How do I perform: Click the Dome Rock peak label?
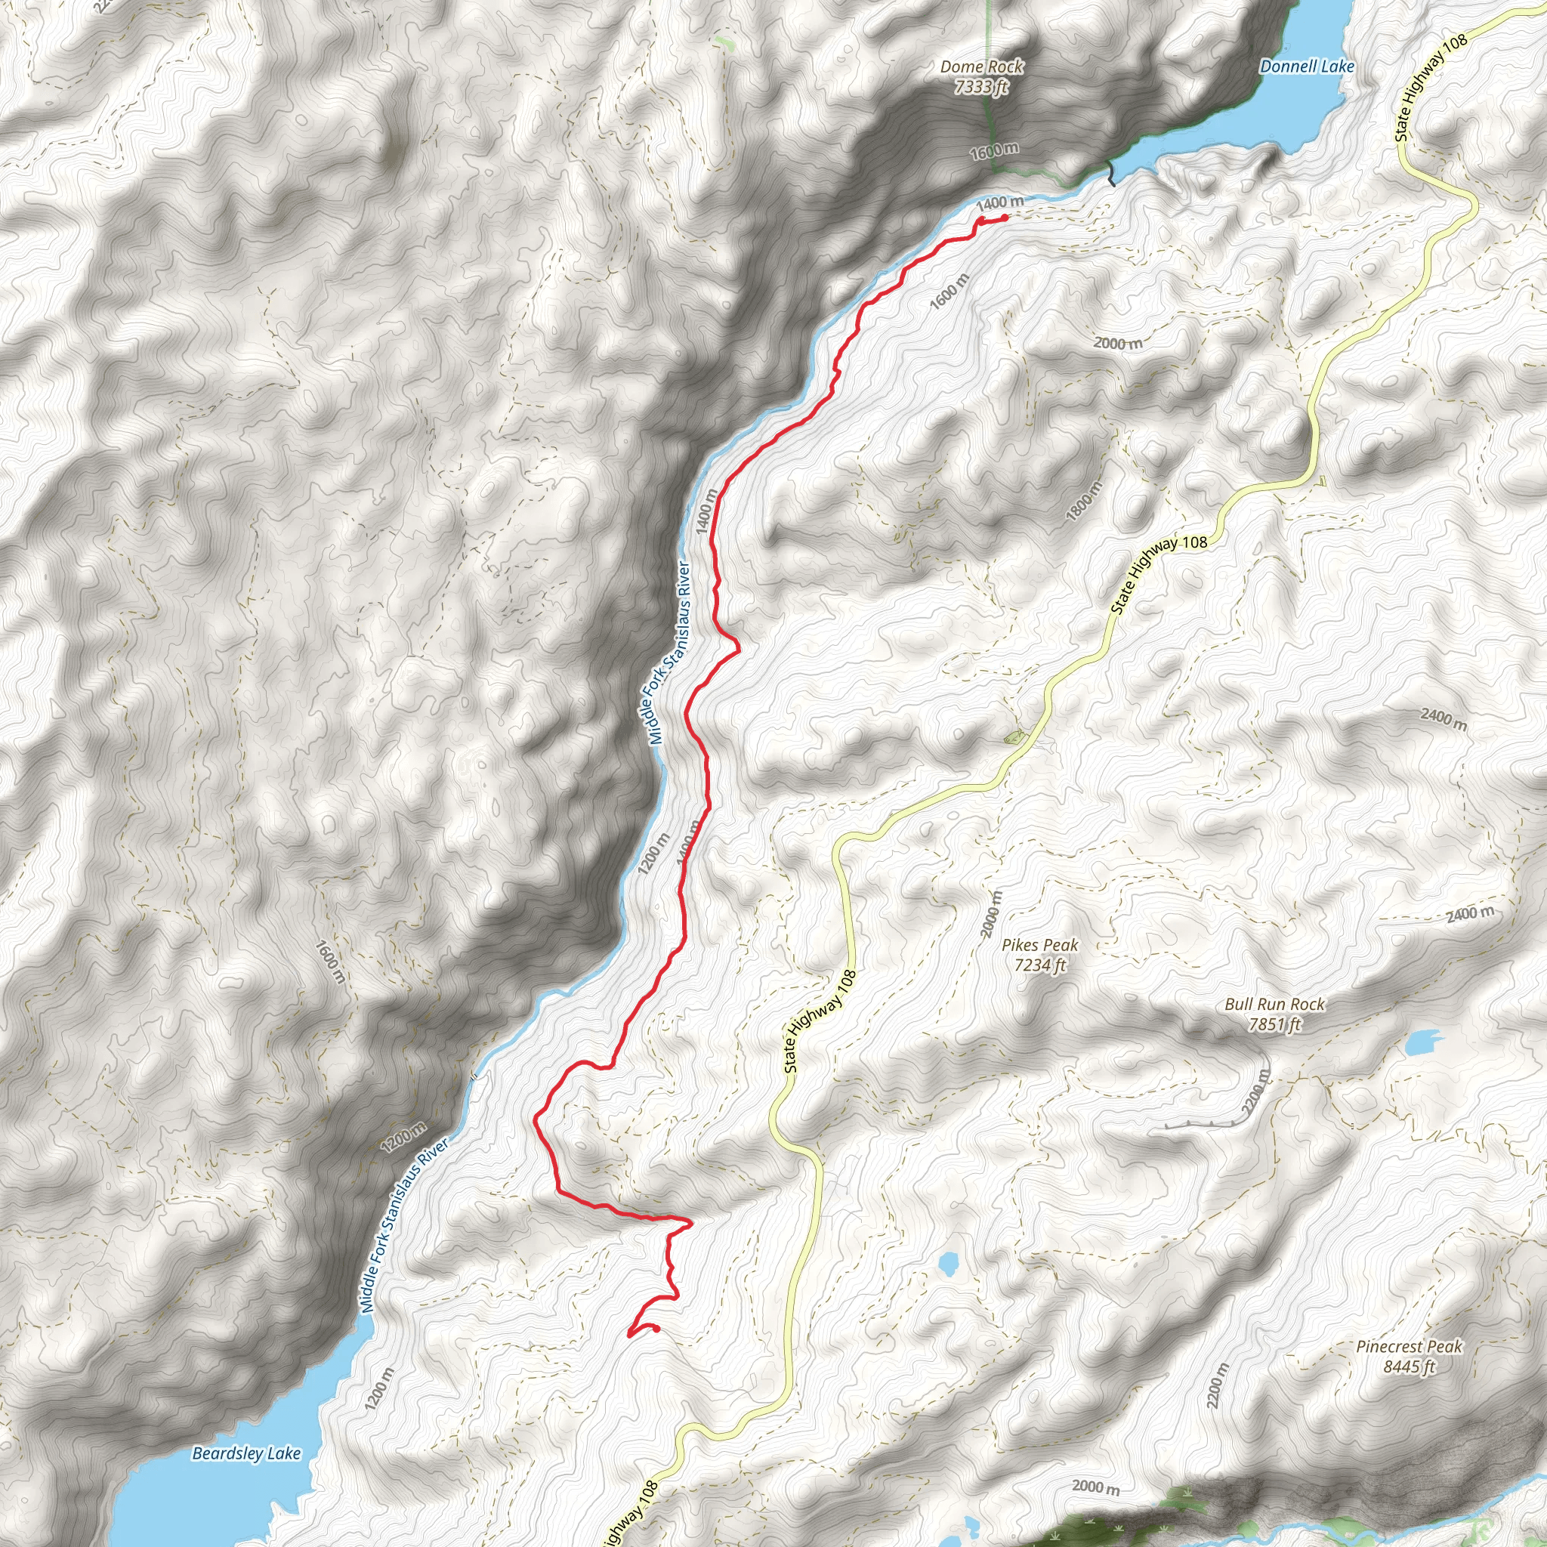[982, 67]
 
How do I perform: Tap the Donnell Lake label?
[1307, 66]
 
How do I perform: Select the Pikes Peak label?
[1040, 946]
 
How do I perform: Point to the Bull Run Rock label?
[1275, 1004]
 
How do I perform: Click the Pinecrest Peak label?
[1409, 1347]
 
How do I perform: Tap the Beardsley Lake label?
[246, 1453]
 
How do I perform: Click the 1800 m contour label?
[1085, 502]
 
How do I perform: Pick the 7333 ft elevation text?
[982, 86]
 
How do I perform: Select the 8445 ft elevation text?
[1409, 1366]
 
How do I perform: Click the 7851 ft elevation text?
[1275, 1024]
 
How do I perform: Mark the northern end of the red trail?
[1004, 216]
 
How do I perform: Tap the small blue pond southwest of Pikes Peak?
[948, 1264]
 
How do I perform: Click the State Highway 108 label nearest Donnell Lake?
[1431, 88]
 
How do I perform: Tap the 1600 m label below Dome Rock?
[995, 150]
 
